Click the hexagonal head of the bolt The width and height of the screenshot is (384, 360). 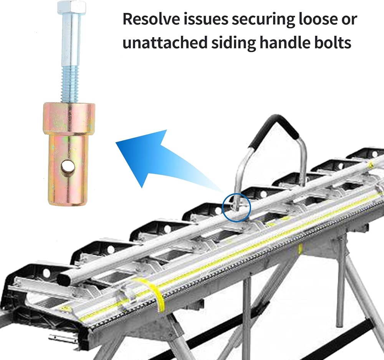[x=72, y=7]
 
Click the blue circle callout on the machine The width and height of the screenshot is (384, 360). [x=236, y=208]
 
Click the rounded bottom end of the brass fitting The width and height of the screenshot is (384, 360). [x=68, y=200]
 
